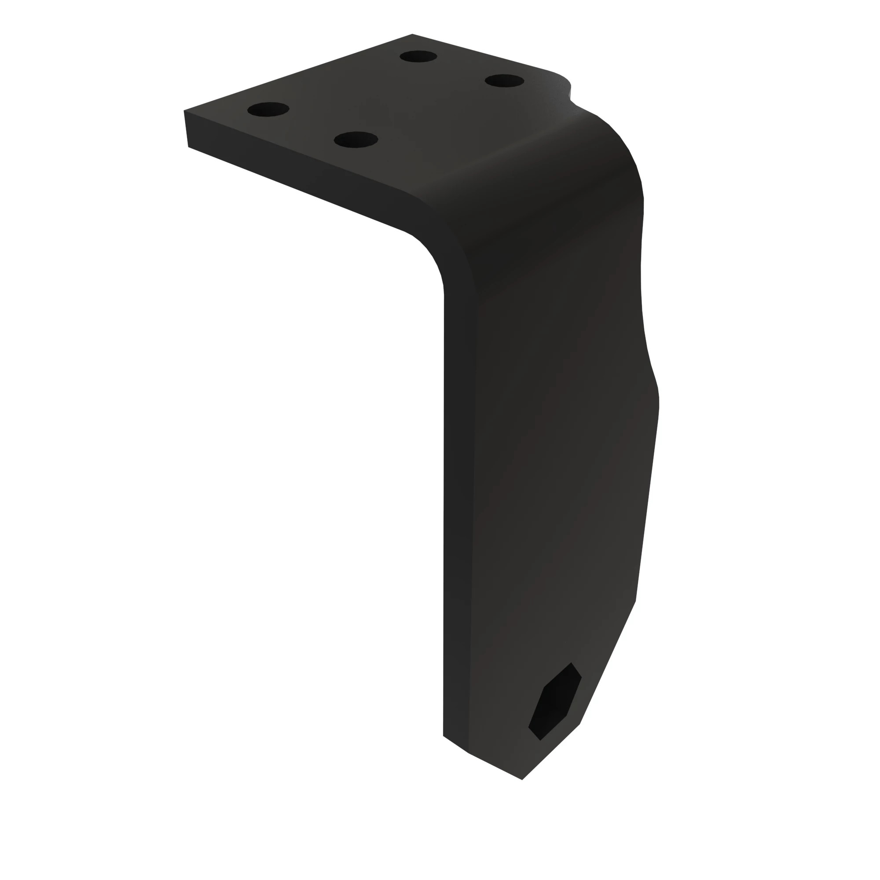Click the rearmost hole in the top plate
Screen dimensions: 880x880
[418, 56]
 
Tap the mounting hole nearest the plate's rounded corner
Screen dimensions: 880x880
[504, 81]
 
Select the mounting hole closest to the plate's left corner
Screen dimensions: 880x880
[268, 109]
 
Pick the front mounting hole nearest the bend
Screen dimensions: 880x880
[356, 139]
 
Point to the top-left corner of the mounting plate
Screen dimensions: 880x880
[184, 111]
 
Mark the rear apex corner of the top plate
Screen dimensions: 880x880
[412, 34]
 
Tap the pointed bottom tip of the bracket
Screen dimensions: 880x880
[522, 779]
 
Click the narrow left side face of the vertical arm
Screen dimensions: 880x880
[458, 501]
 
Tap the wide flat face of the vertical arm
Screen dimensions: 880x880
[556, 455]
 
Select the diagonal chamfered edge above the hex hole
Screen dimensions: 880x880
[608, 660]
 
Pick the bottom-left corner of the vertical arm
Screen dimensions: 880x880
[444, 735]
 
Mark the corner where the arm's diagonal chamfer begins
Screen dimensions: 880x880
[635, 601]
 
